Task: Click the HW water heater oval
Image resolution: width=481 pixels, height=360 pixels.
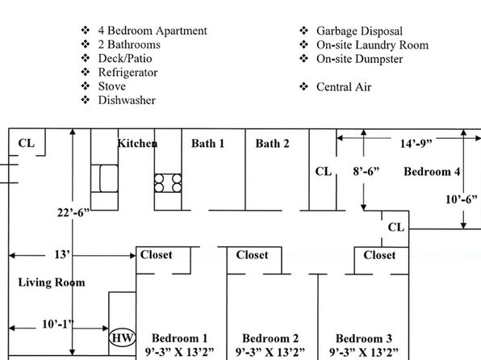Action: click(x=122, y=338)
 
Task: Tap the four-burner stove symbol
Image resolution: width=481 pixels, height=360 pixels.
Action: click(x=168, y=183)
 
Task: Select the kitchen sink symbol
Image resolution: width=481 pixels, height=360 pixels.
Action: click(x=104, y=178)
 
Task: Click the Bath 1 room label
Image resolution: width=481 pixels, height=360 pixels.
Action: click(x=207, y=144)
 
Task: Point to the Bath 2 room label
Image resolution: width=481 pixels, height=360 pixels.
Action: click(x=273, y=144)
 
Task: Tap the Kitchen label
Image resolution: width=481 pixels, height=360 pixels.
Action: click(x=137, y=143)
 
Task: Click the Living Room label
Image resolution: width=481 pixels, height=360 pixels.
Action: click(x=52, y=283)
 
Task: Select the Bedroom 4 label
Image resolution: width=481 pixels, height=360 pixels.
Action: click(x=432, y=171)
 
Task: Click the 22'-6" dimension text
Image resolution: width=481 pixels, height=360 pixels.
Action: click(x=73, y=212)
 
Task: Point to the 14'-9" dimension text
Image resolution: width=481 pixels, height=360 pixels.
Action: click(x=416, y=144)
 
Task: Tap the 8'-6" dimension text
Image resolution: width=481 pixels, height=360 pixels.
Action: click(x=366, y=171)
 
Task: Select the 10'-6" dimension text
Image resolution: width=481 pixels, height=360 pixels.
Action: click(x=462, y=199)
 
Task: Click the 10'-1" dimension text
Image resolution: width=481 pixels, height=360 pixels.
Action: click(x=58, y=324)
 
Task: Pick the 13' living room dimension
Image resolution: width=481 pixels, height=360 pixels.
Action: click(x=62, y=254)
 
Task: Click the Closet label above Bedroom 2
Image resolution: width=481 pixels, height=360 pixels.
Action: click(x=252, y=255)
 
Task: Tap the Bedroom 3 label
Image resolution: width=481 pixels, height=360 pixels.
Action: click(x=364, y=338)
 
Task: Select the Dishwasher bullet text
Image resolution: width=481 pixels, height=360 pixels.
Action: click(x=127, y=100)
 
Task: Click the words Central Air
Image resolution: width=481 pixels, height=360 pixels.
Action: click(x=344, y=87)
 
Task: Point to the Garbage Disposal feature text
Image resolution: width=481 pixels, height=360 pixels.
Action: click(x=359, y=31)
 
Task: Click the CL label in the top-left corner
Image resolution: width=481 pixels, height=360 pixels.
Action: click(x=27, y=143)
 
